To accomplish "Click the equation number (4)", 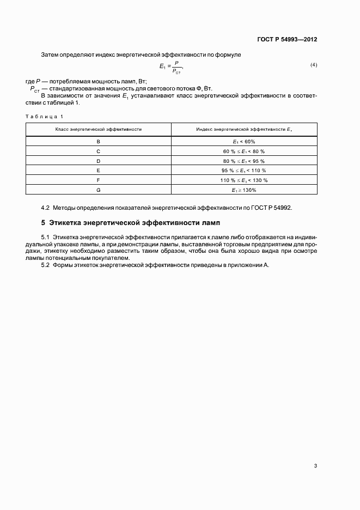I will click(x=314, y=65).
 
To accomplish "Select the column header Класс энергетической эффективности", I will click(x=99, y=129).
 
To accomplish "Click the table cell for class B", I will click(x=99, y=141).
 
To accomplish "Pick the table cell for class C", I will click(x=99, y=151).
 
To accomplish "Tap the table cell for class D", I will click(x=99, y=161).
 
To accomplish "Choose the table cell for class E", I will click(x=99, y=170).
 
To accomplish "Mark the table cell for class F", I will click(x=99, y=180).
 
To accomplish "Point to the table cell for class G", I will click(x=99, y=190).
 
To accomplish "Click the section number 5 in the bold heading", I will click(x=43, y=223).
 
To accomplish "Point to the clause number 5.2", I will click(x=45, y=264).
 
